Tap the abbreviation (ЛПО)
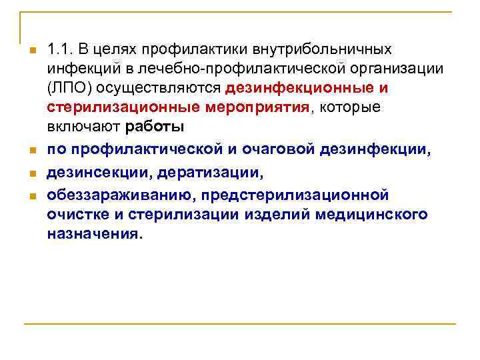(65, 88)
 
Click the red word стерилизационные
(111, 108)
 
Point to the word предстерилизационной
(301, 196)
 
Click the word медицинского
(376, 215)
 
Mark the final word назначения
(94, 235)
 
